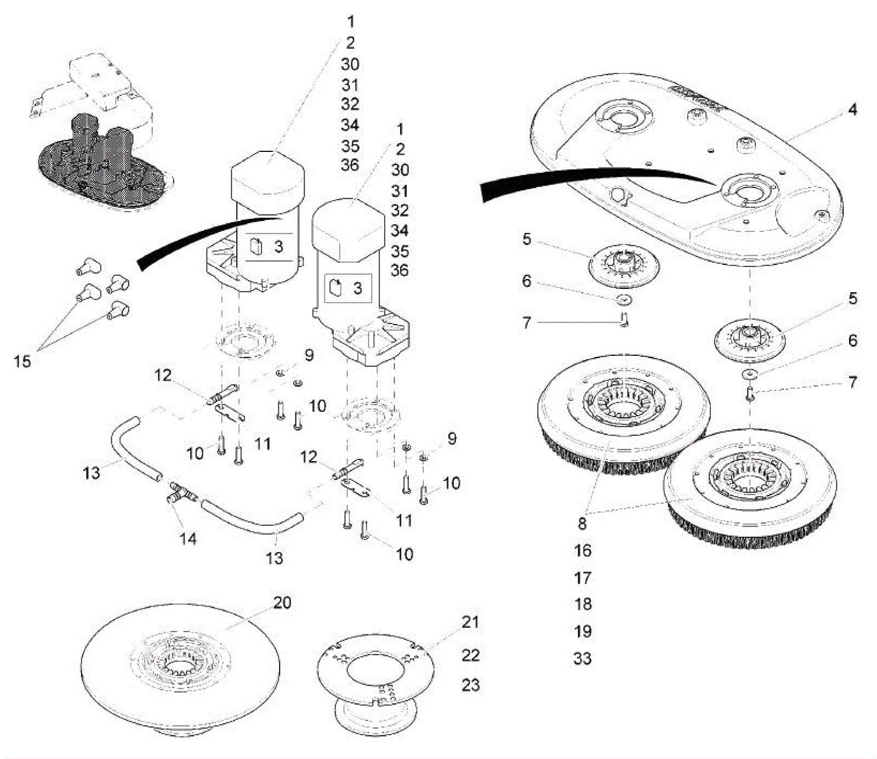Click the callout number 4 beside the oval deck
point(852,110)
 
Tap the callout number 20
point(282,603)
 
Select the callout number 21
point(470,622)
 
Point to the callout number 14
point(187,539)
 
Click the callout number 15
point(22,361)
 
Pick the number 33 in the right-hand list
point(583,658)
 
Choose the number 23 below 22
point(470,685)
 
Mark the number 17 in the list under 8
point(583,577)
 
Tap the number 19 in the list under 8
point(583,631)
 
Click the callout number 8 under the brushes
point(582,523)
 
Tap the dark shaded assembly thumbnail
point(101,165)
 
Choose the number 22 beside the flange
point(470,655)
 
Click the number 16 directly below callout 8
point(583,550)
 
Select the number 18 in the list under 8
point(583,604)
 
